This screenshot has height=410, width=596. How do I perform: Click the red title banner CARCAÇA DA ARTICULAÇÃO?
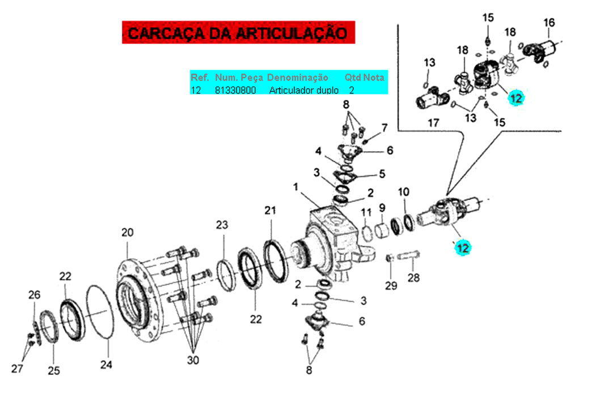[238, 32]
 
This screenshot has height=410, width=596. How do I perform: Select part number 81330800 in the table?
[235, 90]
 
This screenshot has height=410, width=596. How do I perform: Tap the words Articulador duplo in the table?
[304, 90]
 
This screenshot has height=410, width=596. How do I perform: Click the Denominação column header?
[297, 78]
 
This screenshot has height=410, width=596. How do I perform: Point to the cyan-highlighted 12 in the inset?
[516, 99]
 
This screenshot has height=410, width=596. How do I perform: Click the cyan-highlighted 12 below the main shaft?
[462, 248]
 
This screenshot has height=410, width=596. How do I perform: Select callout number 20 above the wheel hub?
[128, 232]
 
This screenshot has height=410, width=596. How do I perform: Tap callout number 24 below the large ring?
[106, 365]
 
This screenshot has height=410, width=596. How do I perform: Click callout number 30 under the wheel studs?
[193, 360]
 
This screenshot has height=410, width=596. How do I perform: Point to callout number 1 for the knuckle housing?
[295, 187]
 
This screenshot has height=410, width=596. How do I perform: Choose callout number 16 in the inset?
[549, 23]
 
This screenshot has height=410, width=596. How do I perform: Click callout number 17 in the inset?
[433, 123]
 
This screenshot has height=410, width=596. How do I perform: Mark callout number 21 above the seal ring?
[270, 210]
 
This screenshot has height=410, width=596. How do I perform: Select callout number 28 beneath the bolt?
[413, 277]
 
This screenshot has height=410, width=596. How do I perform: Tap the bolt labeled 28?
[408, 256]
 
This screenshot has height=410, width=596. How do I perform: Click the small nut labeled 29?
[390, 258]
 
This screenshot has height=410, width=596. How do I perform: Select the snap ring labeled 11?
[367, 233]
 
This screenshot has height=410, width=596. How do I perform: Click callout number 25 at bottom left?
[54, 370]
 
